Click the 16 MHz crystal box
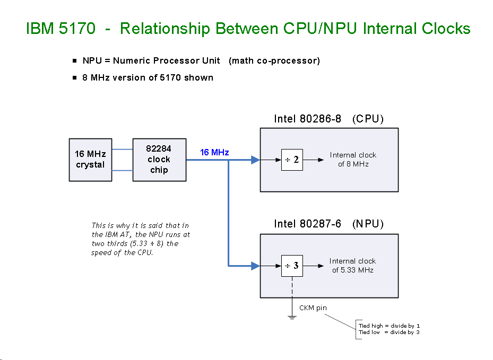pos(90,160)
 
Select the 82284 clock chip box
pos(159,160)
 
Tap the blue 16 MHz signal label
pos(214,153)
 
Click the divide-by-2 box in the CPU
pos(292,160)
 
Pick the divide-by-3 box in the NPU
pos(292,266)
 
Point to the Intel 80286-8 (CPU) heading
pos(328,119)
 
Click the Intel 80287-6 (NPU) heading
pos(328,224)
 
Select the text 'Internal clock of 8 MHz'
pos(353,160)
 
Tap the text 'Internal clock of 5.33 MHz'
pos(352,266)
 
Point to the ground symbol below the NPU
pos(292,317)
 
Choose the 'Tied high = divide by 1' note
pos(389,326)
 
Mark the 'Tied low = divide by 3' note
pos(389,332)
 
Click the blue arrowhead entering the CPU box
pos(255,160)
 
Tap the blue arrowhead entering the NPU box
pos(255,266)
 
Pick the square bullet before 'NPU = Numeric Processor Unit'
pos(75,60)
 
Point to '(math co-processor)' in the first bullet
pos(274,60)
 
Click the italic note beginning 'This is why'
pos(141,239)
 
